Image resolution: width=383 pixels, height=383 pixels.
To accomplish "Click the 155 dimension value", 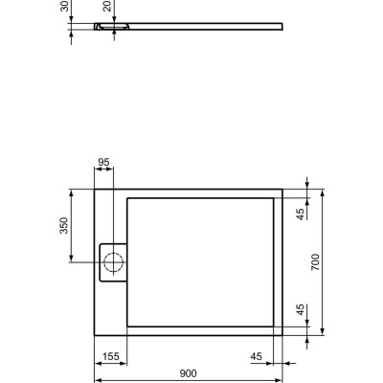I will [x=111, y=356].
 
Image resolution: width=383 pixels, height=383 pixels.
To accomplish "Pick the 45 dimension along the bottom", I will [x=257, y=356].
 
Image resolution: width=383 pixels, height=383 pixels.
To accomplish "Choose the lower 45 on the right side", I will [x=300, y=310].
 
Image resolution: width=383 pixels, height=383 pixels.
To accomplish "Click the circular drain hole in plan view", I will [x=114, y=259].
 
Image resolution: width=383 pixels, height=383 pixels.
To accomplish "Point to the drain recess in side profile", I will [x=105, y=27].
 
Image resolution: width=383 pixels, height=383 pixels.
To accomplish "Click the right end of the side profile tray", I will [x=282, y=23].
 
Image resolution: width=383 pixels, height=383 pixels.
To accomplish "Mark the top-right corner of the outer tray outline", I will [x=282, y=189].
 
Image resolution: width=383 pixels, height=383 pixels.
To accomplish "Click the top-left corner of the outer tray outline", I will [x=94, y=189].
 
